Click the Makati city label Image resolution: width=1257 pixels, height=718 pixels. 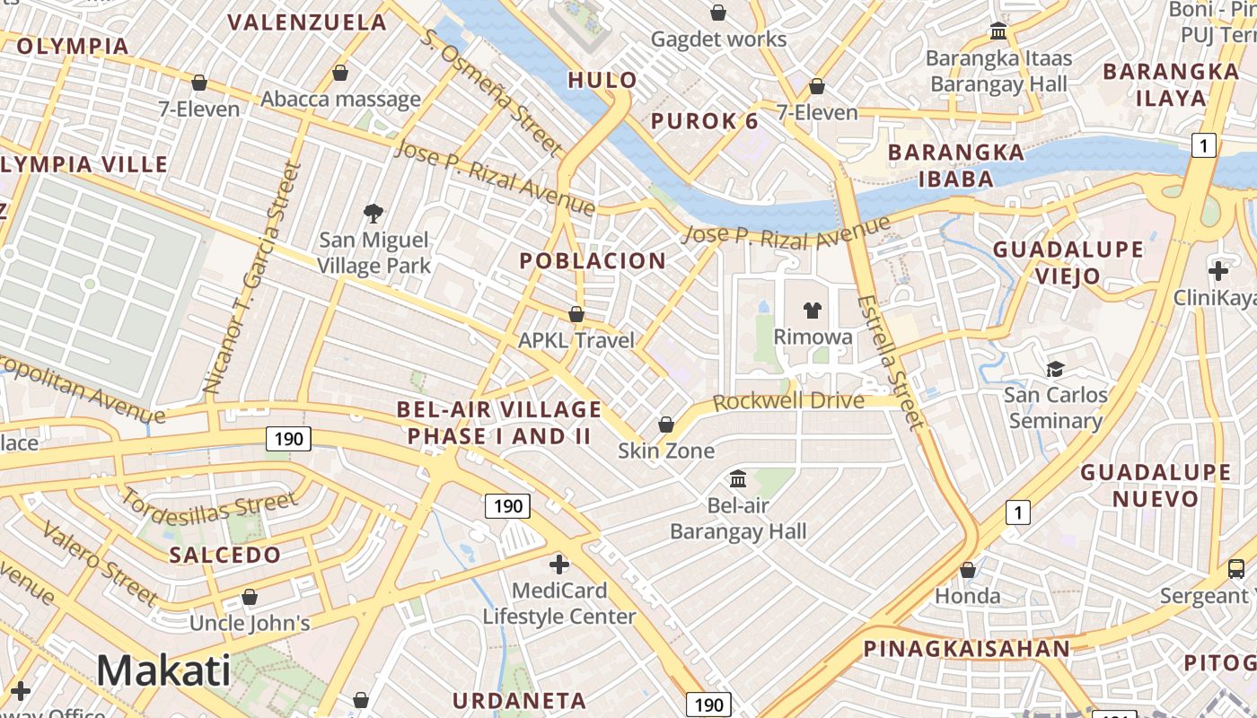click(x=163, y=670)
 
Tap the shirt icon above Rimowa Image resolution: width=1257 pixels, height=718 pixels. click(x=813, y=311)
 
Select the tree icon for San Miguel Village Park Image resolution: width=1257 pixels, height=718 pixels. click(x=374, y=214)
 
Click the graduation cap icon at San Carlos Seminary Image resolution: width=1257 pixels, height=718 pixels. click(x=1055, y=369)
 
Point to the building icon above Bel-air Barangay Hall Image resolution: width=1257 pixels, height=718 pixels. click(x=738, y=478)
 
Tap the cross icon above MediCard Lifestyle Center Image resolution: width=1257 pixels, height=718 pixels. click(x=558, y=565)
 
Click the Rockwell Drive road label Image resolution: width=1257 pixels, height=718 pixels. click(x=788, y=400)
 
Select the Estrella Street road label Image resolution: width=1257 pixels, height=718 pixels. click(x=889, y=361)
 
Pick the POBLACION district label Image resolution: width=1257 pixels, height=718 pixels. click(x=593, y=261)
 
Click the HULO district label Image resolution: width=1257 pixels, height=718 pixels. click(x=602, y=80)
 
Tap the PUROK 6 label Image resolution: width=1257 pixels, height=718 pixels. click(x=705, y=121)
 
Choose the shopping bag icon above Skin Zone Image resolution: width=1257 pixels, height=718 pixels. click(x=666, y=424)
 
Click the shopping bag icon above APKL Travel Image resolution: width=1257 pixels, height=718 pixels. click(x=576, y=314)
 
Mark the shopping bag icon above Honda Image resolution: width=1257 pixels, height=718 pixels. click(x=968, y=570)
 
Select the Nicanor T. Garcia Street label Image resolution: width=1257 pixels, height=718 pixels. click(x=250, y=278)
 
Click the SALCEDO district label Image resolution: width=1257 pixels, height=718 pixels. click(x=225, y=555)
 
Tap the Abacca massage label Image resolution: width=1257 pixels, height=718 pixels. click(x=340, y=99)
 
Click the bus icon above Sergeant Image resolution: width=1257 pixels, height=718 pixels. click(x=1236, y=568)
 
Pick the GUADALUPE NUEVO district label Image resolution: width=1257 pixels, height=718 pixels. click(x=1156, y=485)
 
